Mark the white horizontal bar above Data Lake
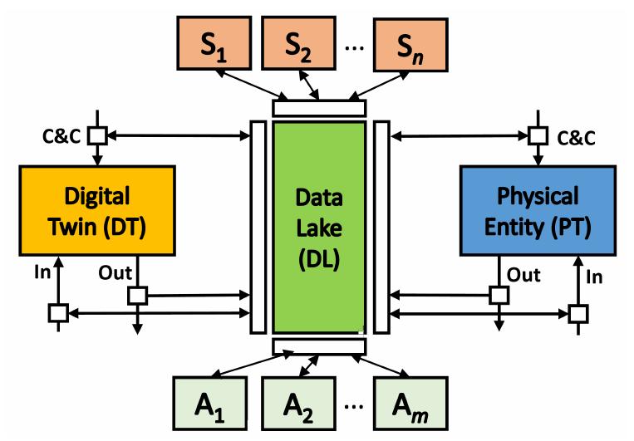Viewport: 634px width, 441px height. click(319, 108)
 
